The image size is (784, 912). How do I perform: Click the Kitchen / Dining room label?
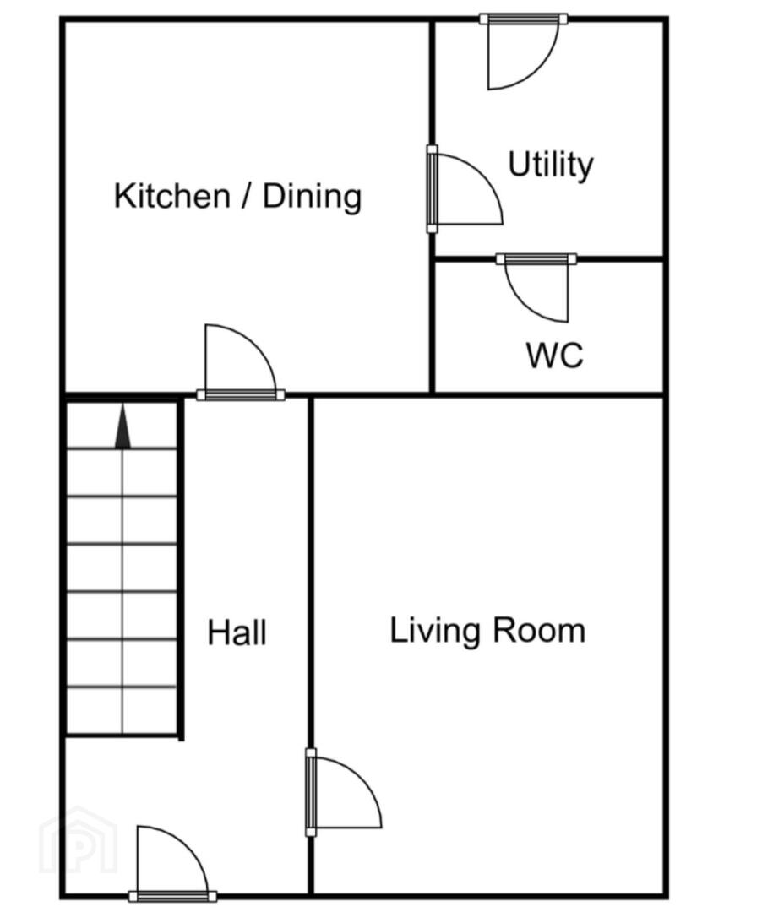[x=237, y=196]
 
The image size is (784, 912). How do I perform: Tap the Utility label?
[x=551, y=165]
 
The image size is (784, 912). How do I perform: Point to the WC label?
[x=555, y=355]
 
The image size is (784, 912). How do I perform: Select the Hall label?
[x=237, y=632]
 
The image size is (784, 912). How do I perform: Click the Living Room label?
[x=487, y=631]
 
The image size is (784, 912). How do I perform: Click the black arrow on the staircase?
[x=122, y=427]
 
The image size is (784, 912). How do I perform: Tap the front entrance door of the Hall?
[x=172, y=863]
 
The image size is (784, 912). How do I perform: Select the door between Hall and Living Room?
[x=343, y=791]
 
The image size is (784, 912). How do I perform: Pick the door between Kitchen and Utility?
[x=465, y=189]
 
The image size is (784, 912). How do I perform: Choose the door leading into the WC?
[x=536, y=288]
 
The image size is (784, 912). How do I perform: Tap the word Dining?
[x=312, y=197]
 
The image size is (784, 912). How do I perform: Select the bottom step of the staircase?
[x=122, y=711]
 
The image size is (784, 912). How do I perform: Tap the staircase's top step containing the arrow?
[x=122, y=426]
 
